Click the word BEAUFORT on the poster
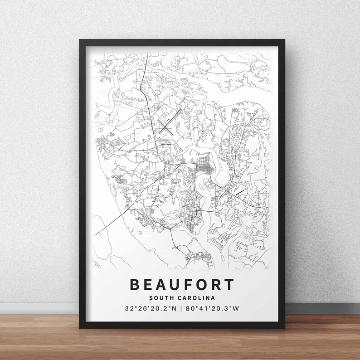182,284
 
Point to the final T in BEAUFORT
229,284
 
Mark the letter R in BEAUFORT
216,284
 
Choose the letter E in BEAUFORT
149,284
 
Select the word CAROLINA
195,298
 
